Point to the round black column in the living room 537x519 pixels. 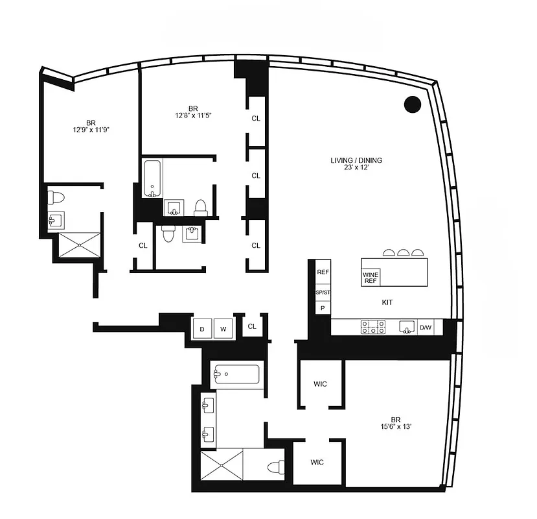[412, 104]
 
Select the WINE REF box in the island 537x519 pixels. [371, 277]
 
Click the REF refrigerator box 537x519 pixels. [323, 272]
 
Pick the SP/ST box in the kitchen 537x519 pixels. [323, 292]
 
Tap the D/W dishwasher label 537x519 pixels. [426, 328]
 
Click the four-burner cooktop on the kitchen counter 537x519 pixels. [372, 327]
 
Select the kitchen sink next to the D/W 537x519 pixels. [407, 326]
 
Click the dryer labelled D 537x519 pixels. [202, 329]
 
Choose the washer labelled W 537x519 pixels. [223, 329]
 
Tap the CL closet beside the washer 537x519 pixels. [252, 326]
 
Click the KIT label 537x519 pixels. [387, 302]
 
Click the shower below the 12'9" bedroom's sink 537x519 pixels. [80, 245]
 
